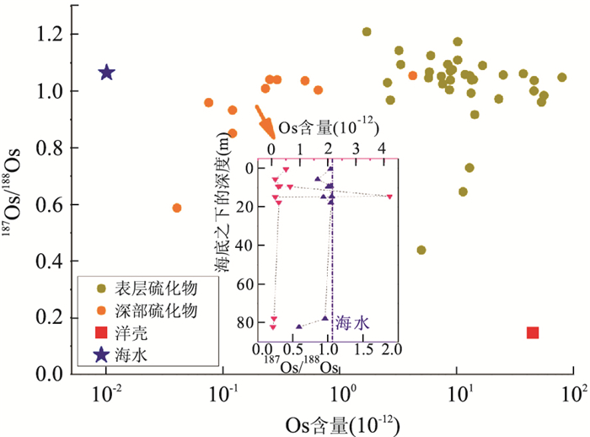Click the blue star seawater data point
(106, 73)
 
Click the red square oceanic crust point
(533, 332)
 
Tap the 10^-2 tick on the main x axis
(106, 394)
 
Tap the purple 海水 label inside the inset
(353, 321)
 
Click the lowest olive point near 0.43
(421, 250)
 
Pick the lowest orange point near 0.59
(177, 208)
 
